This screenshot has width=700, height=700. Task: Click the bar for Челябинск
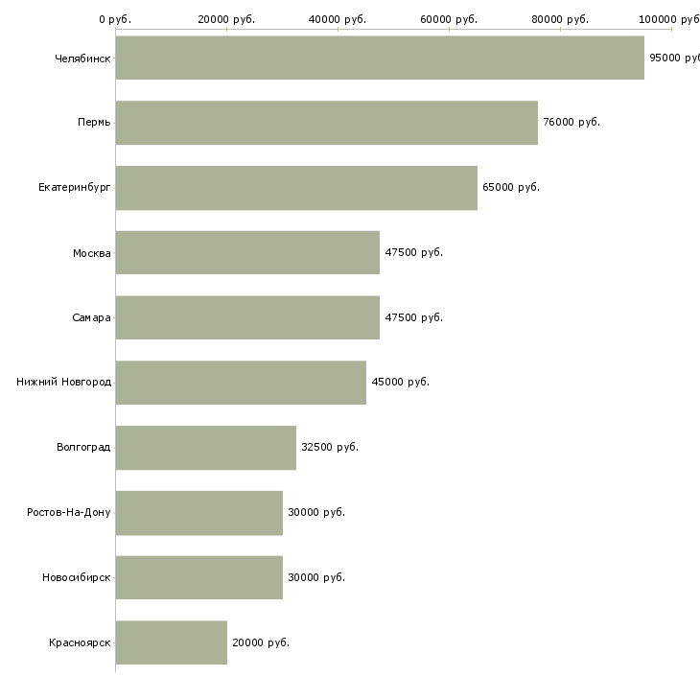(380, 58)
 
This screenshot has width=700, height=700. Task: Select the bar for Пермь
(326, 123)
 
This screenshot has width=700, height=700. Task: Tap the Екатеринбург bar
(296, 188)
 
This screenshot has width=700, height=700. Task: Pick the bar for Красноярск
(171, 642)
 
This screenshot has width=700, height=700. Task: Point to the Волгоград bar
(205, 448)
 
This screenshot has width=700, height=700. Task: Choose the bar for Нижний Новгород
(241, 383)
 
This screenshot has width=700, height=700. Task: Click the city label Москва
(92, 253)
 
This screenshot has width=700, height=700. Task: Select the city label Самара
(92, 318)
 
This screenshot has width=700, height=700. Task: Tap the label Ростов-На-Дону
(69, 513)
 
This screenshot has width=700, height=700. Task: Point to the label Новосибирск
(77, 577)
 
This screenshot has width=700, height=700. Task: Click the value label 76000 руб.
(572, 123)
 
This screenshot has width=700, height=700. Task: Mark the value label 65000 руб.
(511, 188)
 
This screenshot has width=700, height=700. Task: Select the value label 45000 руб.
(400, 383)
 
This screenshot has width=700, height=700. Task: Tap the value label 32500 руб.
(330, 448)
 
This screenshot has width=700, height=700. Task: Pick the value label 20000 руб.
(261, 642)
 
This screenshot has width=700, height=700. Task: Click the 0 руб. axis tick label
(115, 19)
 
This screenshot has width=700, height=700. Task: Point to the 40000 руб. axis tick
(338, 19)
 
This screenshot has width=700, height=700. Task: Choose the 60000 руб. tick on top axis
(449, 19)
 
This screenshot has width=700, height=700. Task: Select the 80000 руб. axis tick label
(560, 19)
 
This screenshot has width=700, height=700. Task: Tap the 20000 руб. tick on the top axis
(226, 19)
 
